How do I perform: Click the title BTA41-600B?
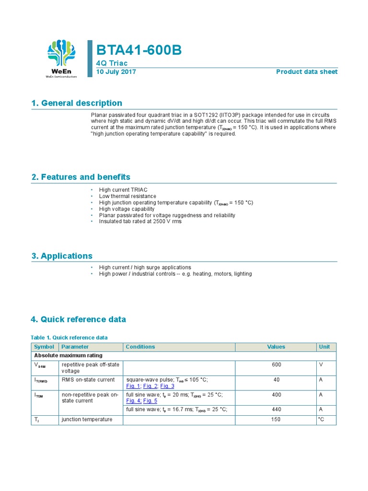[139, 50]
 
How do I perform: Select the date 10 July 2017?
[116, 72]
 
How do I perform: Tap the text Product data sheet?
[307, 72]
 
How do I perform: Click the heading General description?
[77, 103]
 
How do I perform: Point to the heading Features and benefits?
[80, 177]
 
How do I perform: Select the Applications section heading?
[62, 256]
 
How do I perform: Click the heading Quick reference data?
[78, 319]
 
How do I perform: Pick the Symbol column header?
[44, 347]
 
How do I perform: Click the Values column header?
[276, 347]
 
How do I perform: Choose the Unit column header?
[324, 347]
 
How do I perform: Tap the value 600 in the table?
[276, 365]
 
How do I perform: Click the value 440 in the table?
[276, 409]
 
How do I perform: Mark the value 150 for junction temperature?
[276, 420]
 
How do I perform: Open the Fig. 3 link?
[167, 386]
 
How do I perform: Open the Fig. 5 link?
[150, 401]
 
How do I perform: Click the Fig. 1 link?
[133, 386]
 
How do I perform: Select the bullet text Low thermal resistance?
[127, 196]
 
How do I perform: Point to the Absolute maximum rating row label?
[68, 356]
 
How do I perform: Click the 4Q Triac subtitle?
[112, 63]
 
